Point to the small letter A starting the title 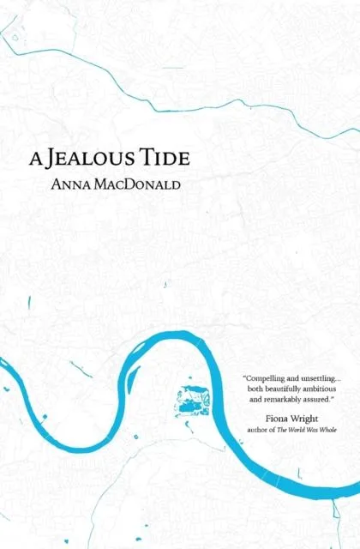click(35, 160)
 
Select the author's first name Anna click(71, 182)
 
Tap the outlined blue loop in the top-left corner click(14, 33)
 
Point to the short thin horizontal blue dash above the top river click(172, 68)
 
